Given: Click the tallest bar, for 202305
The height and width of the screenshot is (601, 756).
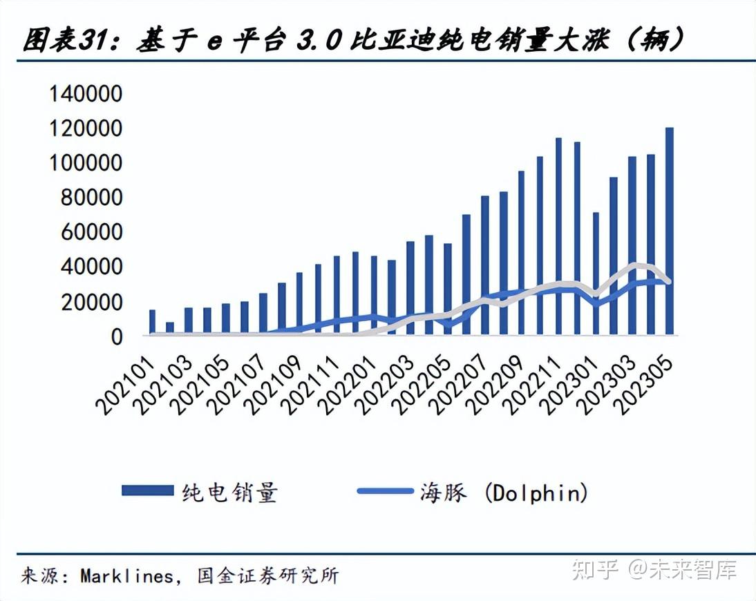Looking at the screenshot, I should pos(669,231).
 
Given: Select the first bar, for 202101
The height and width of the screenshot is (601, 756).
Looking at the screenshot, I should pos(152,323).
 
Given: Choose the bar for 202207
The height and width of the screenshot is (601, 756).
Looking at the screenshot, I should pos(484,265).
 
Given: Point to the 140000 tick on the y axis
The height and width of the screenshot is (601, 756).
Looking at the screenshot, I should pos(86,94).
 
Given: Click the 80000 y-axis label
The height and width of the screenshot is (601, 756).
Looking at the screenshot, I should pos(91,198).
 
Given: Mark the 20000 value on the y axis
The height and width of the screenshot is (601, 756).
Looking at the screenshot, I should pos(91,302).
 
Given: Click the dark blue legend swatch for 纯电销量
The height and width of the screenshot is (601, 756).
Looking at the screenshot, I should pos(147,490).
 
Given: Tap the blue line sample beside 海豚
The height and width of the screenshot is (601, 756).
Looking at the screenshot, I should pos(386,490).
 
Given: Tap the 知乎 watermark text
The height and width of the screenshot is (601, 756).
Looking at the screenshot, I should pos(597,570).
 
